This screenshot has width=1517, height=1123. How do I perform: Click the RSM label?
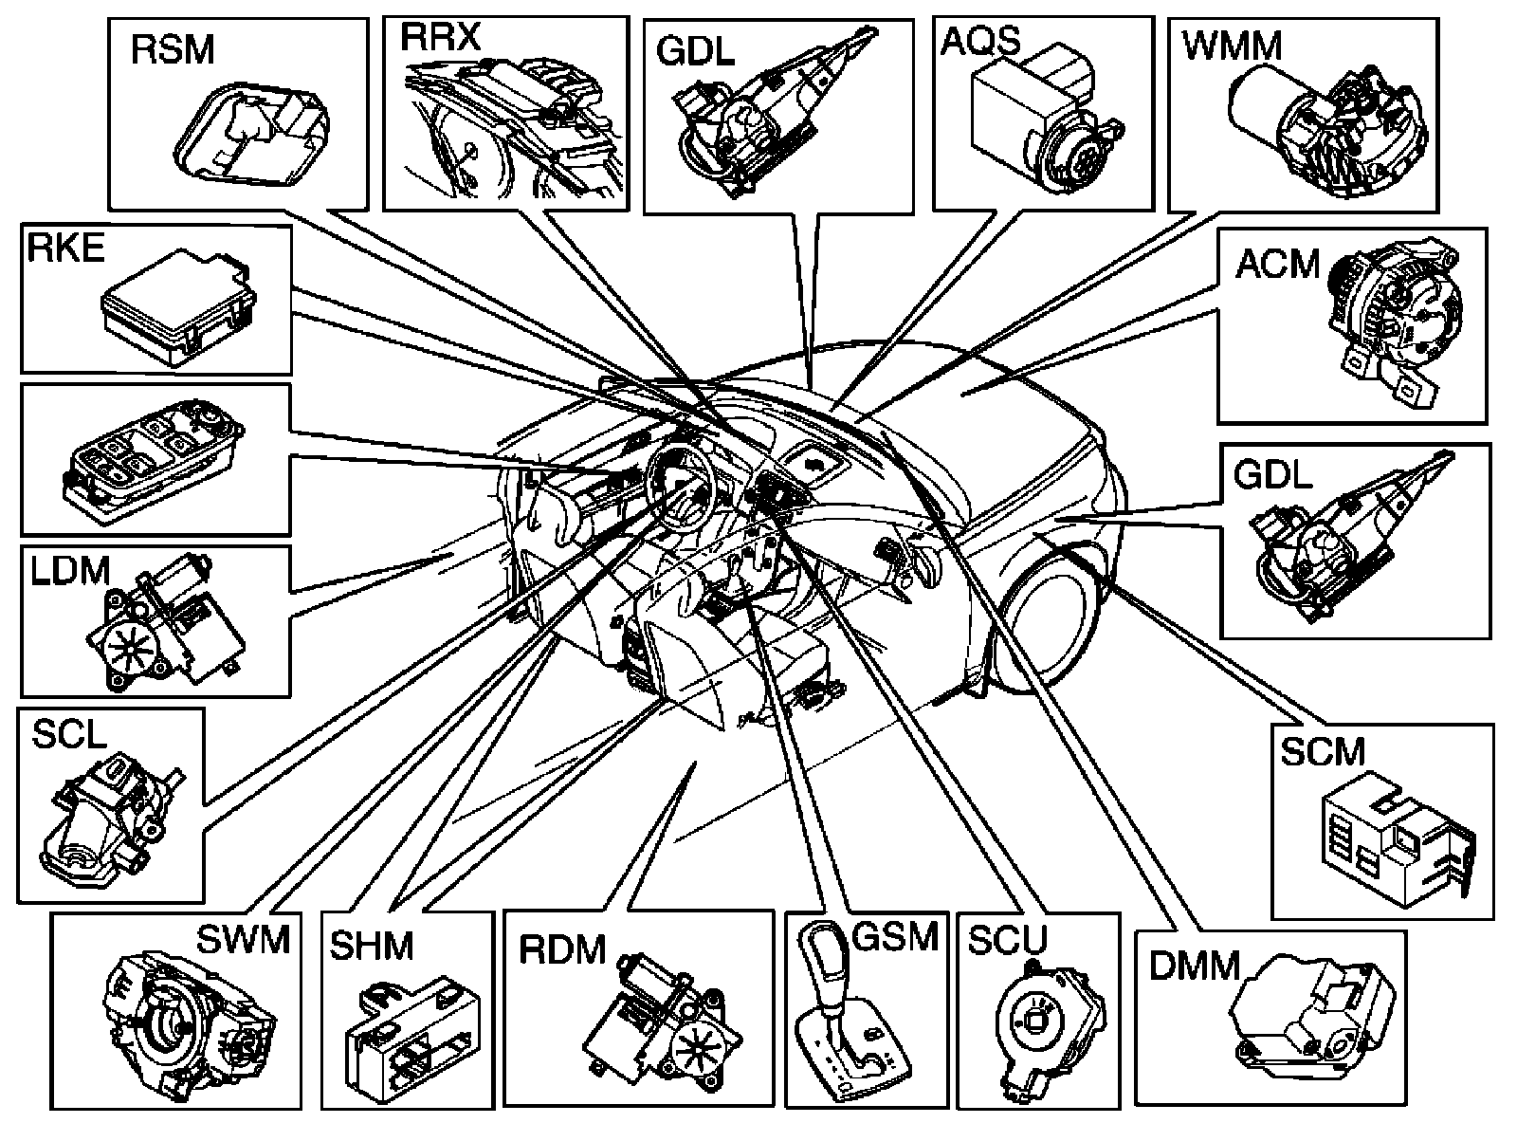pyautogui.click(x=173, y=50)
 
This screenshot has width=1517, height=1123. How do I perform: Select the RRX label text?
pyautogui.click(x=441, y=39)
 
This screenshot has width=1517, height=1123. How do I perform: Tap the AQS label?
pyautogui.click(x=980, y=42)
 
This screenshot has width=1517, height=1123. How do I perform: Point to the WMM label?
pyautogui.click(x=1233, y=46)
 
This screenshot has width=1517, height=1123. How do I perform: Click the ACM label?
pyautogui.click(x=1277, y=265)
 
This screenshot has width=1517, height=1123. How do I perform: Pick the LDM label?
pyautogui.click(x=70, y=571)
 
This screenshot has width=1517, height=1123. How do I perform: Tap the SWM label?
pyautogui.click(x=243, y=940)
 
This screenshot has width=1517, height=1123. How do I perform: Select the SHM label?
pyautogui.click(x=372, y=946)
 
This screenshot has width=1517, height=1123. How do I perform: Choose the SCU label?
pyautogui.click(x=1007, y=940)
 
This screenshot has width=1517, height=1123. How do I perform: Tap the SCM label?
pyautogui.click(x=1323, y=752)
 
